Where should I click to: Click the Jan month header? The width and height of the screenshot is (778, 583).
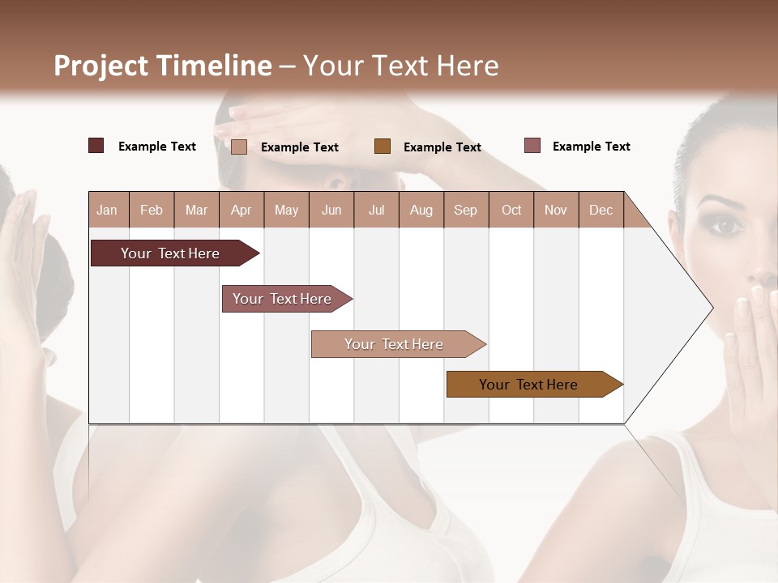[108, 210]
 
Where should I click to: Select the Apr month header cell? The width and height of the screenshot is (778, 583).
[242, 210]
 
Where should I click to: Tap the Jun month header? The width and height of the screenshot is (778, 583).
[331, 210]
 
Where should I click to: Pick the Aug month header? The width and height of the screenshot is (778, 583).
[421, 210]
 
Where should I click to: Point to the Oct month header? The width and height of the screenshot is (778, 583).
[511, 210]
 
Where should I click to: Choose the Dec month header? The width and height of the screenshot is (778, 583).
[601, 210]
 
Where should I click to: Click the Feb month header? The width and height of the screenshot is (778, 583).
[152, 210]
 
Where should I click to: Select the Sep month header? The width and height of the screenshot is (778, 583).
[466, 210]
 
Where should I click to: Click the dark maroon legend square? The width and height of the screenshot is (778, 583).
[96, 146]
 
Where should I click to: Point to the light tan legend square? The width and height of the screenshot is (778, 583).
[239, 147]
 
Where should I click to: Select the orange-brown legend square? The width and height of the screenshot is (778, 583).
[383, 146]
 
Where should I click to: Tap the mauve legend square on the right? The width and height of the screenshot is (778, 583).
[532, 146]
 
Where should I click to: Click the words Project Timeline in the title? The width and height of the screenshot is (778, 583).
[163, 66]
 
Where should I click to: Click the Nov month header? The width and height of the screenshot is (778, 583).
[556, 210]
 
